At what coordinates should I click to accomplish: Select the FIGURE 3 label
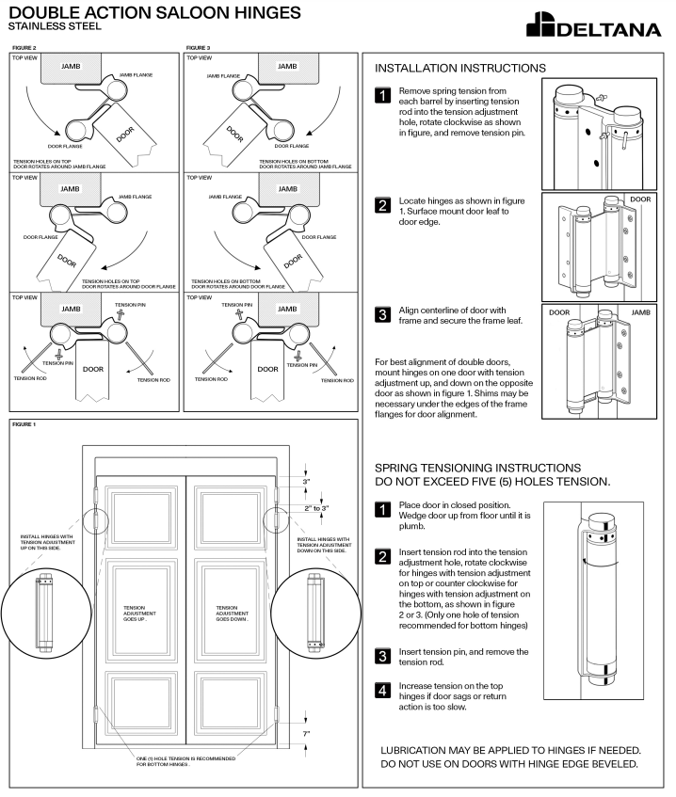pos(198,46)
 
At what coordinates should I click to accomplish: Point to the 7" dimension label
pos(306,731)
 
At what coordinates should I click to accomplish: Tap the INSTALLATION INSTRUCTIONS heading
pos(460,69)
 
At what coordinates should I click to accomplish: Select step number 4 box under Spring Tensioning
pos(383,691)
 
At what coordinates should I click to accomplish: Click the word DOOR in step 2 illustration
pos(639,199)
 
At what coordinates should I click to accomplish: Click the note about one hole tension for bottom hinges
pos(185,760)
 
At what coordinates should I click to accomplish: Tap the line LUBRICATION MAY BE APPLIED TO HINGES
pos(510,750)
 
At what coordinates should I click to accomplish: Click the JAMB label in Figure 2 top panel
pos(71,68)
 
